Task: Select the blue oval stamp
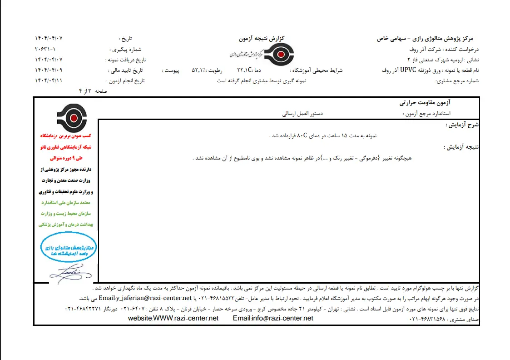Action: tap(69, 248)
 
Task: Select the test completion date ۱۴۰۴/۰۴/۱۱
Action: tap(49, 81)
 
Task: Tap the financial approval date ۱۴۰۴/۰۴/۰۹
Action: tap(49, 70)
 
